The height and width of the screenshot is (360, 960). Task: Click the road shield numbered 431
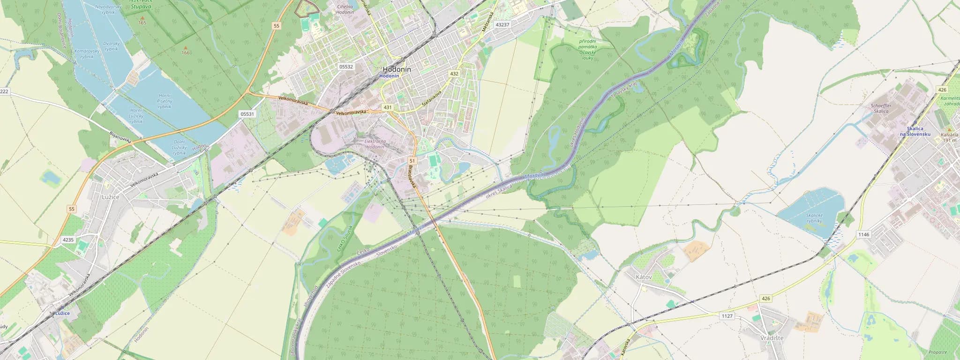[387, 107]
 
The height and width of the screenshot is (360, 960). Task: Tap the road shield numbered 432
[454, 74]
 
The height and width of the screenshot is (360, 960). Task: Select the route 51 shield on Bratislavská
[412, 161]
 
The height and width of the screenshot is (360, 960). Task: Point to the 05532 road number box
[346, 67]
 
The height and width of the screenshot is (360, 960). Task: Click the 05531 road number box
[247, 114]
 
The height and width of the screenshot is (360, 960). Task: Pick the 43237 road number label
[502, 24]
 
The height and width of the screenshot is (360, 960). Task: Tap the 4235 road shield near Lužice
[68, 240]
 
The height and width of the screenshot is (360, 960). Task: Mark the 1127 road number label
[727, 316]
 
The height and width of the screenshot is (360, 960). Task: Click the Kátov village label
[644, 277]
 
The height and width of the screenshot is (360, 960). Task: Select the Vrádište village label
[772, 337]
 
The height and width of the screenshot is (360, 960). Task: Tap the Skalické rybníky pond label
[814, 218]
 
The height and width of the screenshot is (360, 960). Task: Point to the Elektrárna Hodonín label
[375, 144]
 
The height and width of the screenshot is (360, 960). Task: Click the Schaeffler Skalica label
[881, 108]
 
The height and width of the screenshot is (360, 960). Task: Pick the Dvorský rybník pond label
[112, 46]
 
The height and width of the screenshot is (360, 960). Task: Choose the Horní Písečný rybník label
[165, 101]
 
